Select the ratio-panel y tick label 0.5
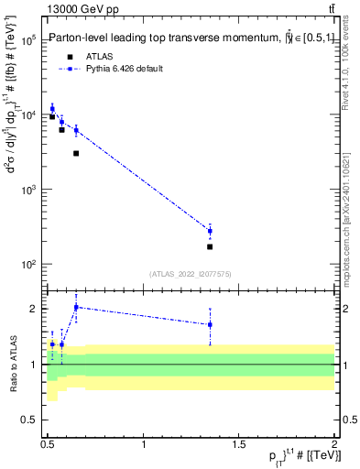28,422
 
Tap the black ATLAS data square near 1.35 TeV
210,246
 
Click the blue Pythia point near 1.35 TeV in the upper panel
210,231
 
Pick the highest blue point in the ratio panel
76,308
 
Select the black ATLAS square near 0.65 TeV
76,153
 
